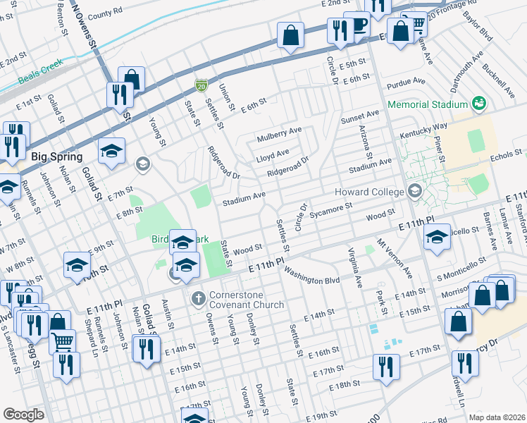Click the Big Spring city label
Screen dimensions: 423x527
(56, 156)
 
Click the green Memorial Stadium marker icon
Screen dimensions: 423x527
(480, 104)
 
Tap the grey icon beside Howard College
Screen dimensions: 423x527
(414, 191)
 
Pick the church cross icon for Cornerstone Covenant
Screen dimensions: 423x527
(197, 299)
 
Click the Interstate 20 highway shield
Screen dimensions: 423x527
(201, 85)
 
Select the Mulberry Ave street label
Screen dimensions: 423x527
(279, 130)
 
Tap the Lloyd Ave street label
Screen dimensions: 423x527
(273, 153)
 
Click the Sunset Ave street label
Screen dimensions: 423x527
(361, 115)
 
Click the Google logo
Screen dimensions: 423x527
(23, 415)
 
